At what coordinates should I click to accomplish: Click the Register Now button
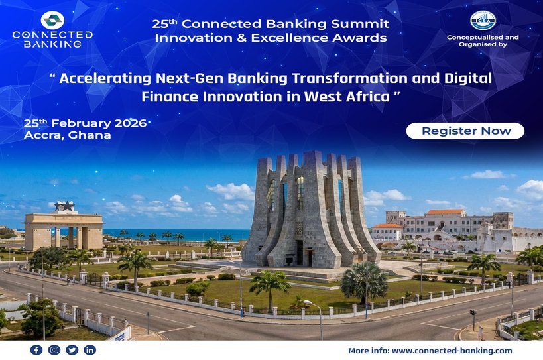coord(466,131)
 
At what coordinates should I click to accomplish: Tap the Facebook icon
coord(36,350)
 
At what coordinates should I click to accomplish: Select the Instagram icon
coord(54,350)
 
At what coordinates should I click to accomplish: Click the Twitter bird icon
coord(72,350)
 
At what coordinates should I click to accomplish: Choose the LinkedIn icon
coord(90,350)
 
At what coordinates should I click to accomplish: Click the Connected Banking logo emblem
coord(52,20)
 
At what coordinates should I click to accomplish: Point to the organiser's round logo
coord(483,20)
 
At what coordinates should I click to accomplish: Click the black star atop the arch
coord(65,207)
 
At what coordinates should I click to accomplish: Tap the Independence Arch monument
coord(64,229)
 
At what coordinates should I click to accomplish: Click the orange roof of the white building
coord(445,212)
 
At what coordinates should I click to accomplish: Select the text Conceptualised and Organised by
coord(483,41)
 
